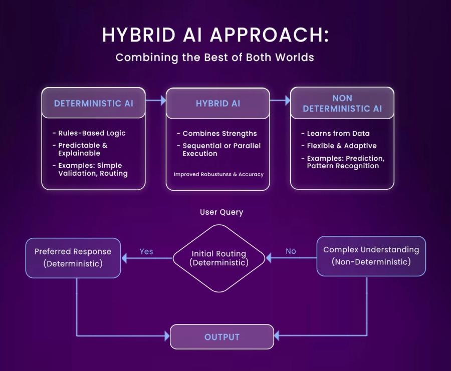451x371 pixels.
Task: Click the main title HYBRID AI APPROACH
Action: tap(215, 35)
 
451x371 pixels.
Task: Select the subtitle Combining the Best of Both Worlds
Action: tap(214, 57)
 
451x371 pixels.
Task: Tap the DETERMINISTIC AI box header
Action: tap(94, 104)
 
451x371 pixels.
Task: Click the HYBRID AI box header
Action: tap(217, 104)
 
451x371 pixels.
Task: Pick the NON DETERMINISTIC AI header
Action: tap(342, 103)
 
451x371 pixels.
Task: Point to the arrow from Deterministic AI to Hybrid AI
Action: tap(155, 101)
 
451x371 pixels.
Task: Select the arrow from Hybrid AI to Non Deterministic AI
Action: tap(280, 101)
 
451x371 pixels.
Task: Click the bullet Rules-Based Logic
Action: tap(92, 133)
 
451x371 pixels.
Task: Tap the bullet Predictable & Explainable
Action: tap(83, 149)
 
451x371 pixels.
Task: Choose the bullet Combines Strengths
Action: tap(219, 134)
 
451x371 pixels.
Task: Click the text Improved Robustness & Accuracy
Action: tap(218, 174)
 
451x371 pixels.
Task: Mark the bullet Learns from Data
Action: tap(338, 134)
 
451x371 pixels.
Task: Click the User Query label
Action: tap(221, 212)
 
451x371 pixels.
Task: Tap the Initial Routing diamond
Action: tap(218, 258)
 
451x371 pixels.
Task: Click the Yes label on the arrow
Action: tap(146, 251)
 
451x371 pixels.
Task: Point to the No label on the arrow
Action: tap(291, 251)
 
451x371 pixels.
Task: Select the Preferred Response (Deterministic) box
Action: tap(73, 257)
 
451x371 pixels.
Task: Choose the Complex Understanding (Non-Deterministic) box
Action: tap(371, 256)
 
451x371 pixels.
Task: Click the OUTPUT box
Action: tap(222, 337)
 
